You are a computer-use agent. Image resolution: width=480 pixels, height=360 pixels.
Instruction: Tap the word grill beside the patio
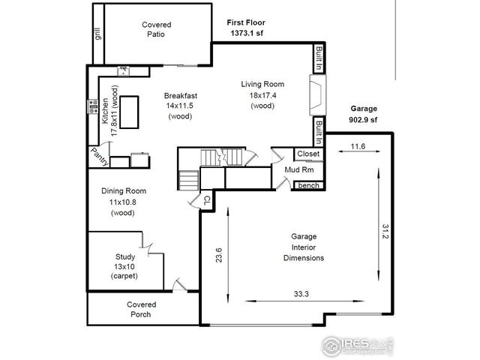coord(97,34)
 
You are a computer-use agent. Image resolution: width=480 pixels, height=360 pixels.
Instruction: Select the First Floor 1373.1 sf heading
coord(246,28)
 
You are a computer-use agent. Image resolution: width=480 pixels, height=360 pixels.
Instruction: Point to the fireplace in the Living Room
coord(317,95)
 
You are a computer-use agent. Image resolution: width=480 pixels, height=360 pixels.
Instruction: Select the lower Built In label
coord(319,131)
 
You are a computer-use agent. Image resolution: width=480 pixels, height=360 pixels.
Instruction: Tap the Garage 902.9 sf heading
coord(363,113)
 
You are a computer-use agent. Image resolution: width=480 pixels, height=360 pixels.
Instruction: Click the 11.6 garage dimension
coord(358,148)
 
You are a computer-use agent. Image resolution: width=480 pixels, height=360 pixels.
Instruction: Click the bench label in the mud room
coord(307,185)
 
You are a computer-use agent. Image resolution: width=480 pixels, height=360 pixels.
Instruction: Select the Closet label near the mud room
coord(307,154)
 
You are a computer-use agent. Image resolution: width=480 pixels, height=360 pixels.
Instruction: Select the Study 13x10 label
coord(124,266)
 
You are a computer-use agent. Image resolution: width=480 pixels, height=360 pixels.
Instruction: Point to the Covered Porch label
coord(140,309)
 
